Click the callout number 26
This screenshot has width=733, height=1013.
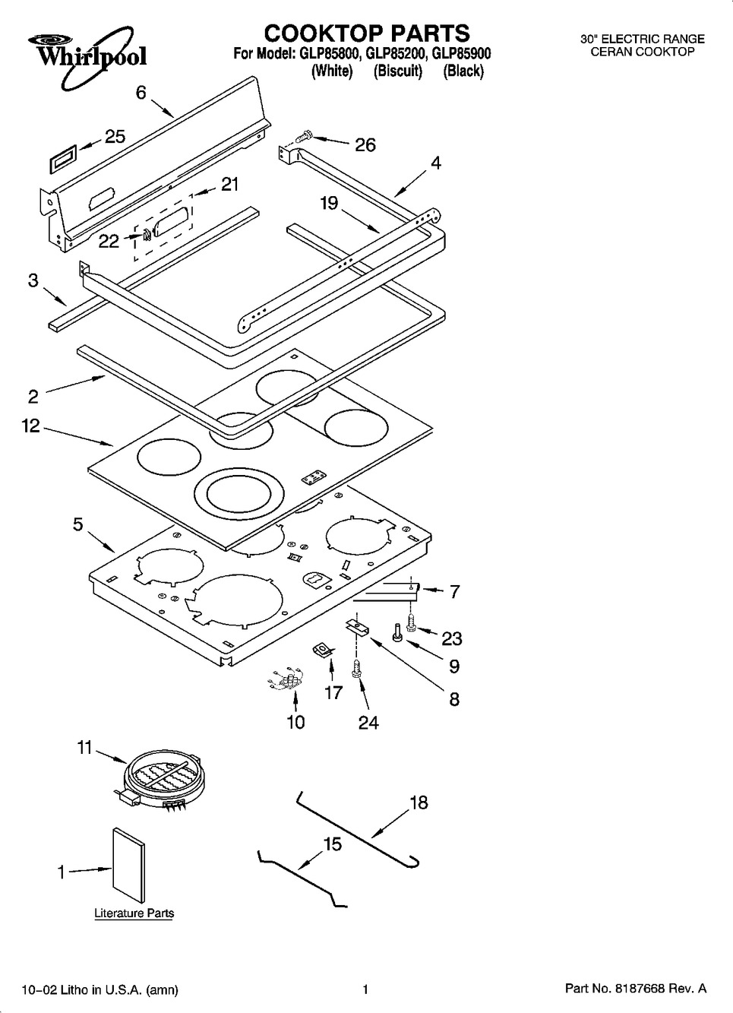[365, 144]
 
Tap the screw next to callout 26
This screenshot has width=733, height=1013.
[303, 137]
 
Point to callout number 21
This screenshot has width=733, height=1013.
[229, 184]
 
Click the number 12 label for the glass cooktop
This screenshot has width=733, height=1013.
[30, 426]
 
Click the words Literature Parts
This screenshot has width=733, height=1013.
[134, 913]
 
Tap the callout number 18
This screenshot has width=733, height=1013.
[419, 802]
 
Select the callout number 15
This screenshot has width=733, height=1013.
[333, 844]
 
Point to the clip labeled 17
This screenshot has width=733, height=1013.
[325, 650]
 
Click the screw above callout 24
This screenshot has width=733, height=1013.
[355, 669]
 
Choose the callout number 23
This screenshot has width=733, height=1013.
[452, 638]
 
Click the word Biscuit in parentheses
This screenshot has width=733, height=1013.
[397, 71]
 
